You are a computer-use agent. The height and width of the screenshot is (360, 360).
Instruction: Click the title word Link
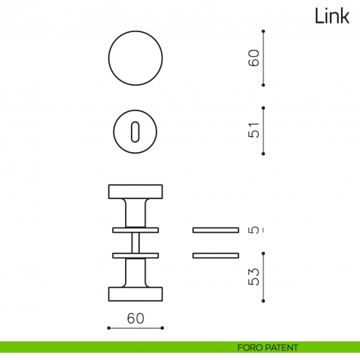coord(331,16)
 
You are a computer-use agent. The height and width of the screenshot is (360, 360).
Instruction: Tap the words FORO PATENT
coord(268,348)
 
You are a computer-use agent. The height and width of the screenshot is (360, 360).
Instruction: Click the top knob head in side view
coord(135,192)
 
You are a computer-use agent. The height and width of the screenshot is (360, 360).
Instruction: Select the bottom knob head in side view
coord(135,293)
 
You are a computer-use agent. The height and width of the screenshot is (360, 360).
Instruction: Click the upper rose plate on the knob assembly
coord(135,230)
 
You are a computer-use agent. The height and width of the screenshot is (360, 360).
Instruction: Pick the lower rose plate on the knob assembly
coord(135,255)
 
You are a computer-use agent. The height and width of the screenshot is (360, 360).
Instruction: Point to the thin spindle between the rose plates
coord(135,242)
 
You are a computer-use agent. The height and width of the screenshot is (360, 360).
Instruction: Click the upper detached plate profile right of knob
coord(215,230)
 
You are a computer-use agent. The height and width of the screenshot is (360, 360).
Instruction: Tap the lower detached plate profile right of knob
coord(215,255)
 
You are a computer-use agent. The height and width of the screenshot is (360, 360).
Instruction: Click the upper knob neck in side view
coord(135,213)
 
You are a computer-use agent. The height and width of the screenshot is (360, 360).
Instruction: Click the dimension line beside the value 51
coord(263,131)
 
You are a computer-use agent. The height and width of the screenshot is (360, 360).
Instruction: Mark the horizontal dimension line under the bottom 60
coord(135,328)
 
